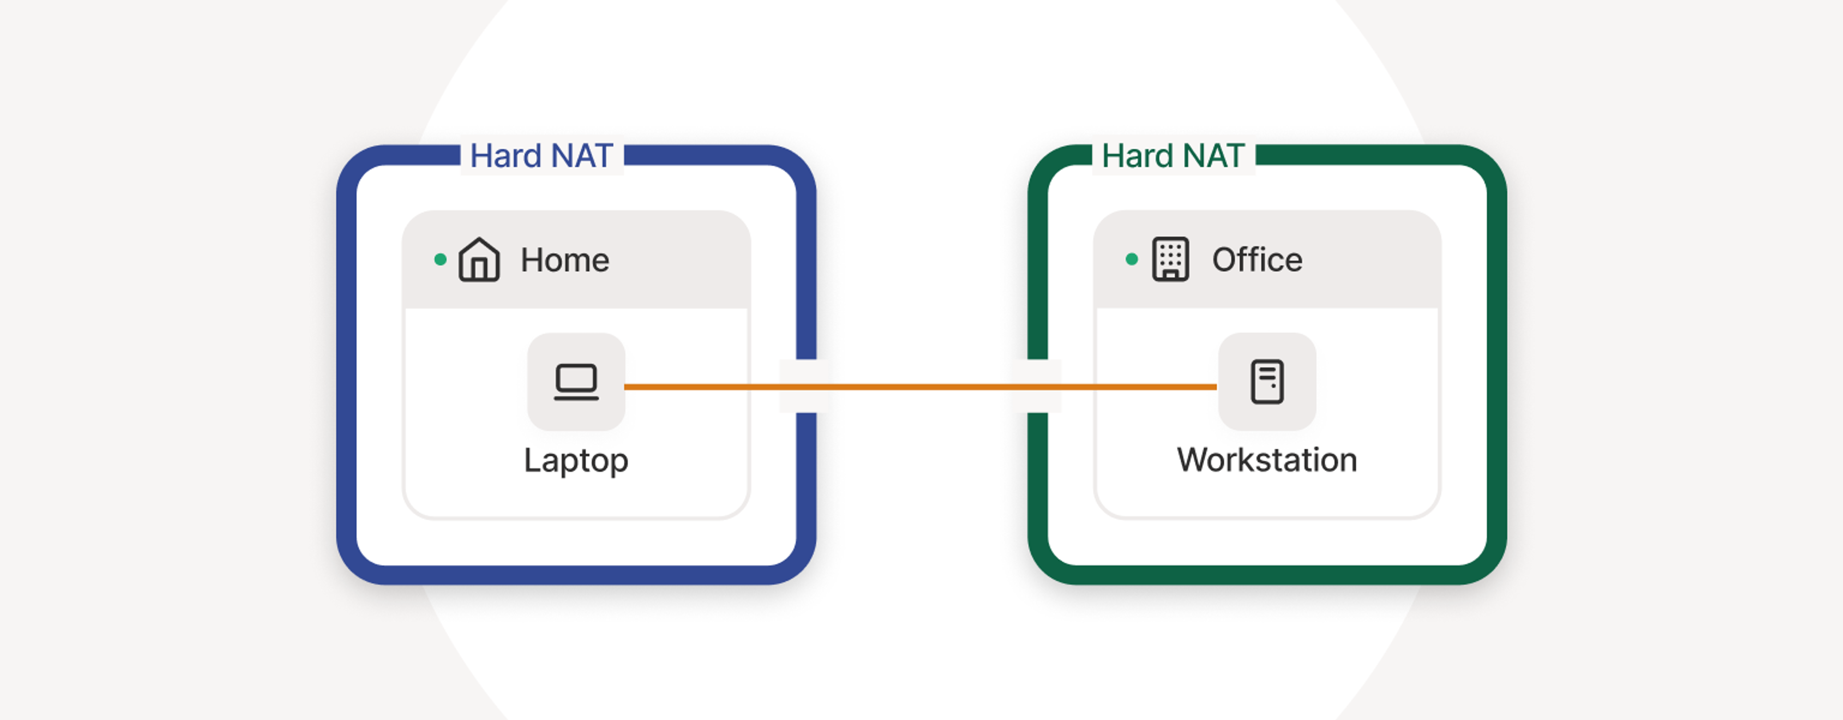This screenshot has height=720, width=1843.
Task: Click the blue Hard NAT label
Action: [x=541, y=156]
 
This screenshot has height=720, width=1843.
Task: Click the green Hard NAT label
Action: [x=1173, y=156]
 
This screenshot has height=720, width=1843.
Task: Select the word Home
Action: [x=564, y=260]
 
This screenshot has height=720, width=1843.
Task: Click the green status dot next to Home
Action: [x=441, y=259]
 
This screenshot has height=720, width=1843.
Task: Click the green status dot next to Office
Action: [x=1132, y=259]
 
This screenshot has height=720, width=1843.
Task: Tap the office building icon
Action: [x=1171, y=259]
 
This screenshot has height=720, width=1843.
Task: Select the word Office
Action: [x=1257, y=259]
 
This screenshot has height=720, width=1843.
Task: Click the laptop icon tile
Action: [x=576, y=382]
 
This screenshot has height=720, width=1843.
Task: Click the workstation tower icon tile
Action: [x=1267, y=382]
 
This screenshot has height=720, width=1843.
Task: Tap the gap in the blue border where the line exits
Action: [x=806, y=386]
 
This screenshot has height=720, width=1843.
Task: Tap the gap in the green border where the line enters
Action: [x=1037, y=386]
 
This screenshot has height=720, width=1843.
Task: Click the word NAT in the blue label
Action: [x=582, y=156]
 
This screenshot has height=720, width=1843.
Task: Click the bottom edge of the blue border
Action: [x=576, y=575]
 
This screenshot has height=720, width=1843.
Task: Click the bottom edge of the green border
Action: [x=1267, y=575]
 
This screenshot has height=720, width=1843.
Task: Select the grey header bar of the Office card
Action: [x=1359, y=259]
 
